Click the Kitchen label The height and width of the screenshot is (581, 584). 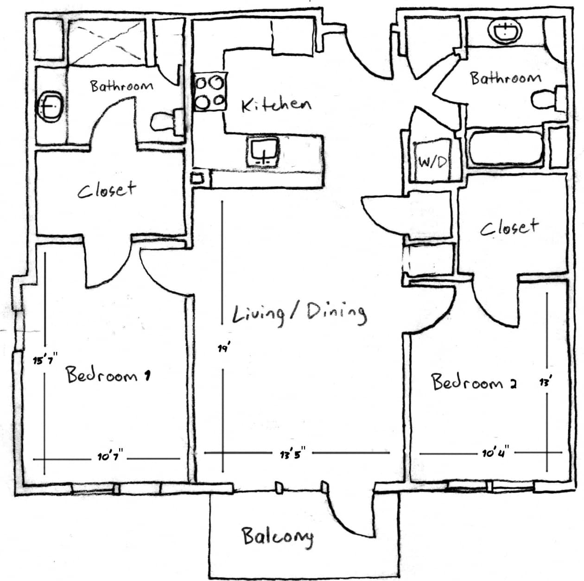click(276, 105)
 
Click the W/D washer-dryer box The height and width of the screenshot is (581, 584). click(432, 162)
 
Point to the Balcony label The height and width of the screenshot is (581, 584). click(277, 537)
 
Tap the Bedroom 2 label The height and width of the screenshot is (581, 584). click(474, 382)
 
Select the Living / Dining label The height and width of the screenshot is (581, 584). click(299, 314)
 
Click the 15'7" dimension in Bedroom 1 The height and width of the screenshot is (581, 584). click(44, 360)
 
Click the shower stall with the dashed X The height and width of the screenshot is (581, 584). click(107, 41)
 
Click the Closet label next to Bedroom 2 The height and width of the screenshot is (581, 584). click(509, 227)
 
